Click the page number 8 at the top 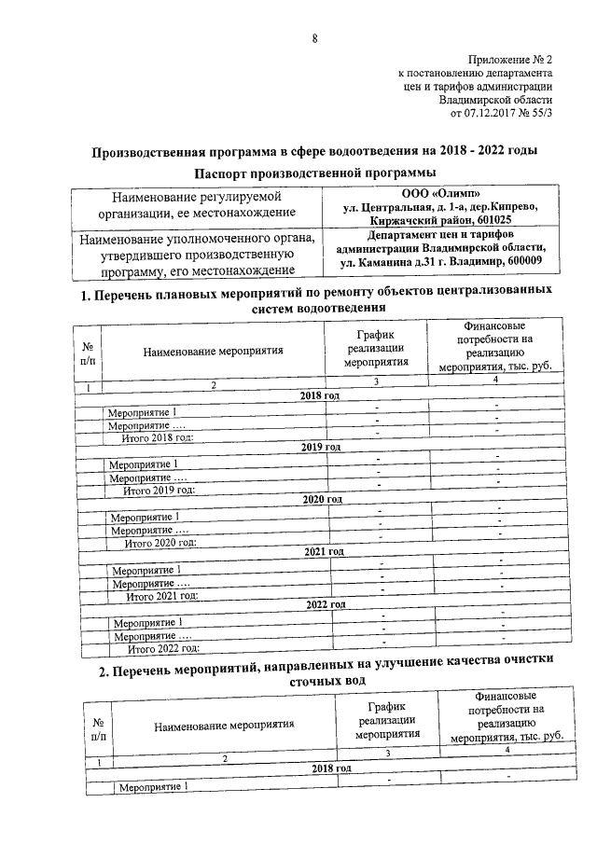click(x=314, y=38)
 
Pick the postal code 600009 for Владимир click(x=526, y=262)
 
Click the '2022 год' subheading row click(x=326, y=605)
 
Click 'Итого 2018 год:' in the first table click(x=158, y=437)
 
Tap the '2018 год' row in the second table click(x=331, y=768)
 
